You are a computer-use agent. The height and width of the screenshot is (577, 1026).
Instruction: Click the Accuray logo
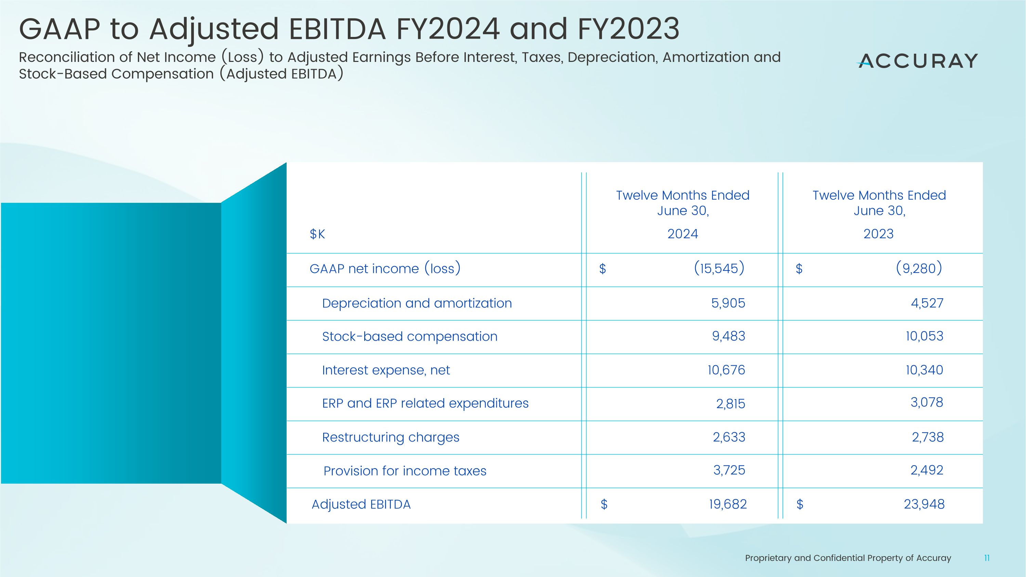[917, 61]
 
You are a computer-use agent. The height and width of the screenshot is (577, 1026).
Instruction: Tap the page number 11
[987, 558]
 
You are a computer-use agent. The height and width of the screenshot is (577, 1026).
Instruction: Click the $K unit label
[317, 234]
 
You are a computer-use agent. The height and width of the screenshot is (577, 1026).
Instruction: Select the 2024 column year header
[683, 234]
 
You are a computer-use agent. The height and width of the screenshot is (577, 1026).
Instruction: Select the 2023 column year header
[878, 234]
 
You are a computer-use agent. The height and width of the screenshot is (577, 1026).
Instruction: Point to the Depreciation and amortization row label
[417, 303]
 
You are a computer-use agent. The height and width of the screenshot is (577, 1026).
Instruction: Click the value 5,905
[728, 303]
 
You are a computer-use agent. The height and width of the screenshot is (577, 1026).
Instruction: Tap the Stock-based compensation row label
[409, 337]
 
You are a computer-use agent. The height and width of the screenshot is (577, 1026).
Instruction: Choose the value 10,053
[924, 336]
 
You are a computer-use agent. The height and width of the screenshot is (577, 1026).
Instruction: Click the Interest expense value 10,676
[726, 370]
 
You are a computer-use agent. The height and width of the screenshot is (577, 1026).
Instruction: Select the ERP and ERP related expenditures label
[425, 403]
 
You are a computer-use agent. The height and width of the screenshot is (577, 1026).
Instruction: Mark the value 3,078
[926, 402]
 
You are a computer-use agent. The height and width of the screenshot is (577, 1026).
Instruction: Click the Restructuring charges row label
[390, 437]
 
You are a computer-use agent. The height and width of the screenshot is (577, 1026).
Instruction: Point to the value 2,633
[729, 437]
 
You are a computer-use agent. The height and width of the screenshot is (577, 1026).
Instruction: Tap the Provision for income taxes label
[405, 471]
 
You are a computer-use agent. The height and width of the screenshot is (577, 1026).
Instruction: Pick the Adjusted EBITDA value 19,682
[728, 504]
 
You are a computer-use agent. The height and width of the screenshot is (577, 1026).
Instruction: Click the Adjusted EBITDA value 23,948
[924, 504]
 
